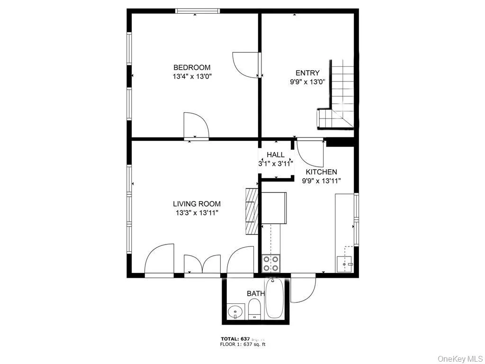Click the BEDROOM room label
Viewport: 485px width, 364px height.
[x=192, y=67]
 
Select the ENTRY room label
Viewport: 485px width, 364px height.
[x=307, y=73]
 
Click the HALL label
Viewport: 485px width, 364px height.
[x=276, y=155]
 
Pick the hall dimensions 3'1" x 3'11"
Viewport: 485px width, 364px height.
[x=276, y=163]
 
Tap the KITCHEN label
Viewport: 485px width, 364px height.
[x=321, y=172]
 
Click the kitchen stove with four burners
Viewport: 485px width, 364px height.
[x=271, y=263]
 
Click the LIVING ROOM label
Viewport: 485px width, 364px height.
[x=197, y=204]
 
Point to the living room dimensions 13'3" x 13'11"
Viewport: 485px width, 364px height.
[x=197, y=212]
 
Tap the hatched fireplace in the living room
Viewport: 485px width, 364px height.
[x=251, y=211]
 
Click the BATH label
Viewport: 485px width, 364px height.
[x=255, y=294]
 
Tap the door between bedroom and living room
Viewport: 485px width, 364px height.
[x=196, y=125]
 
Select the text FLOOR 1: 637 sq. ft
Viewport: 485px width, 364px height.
[x=242, y=345]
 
